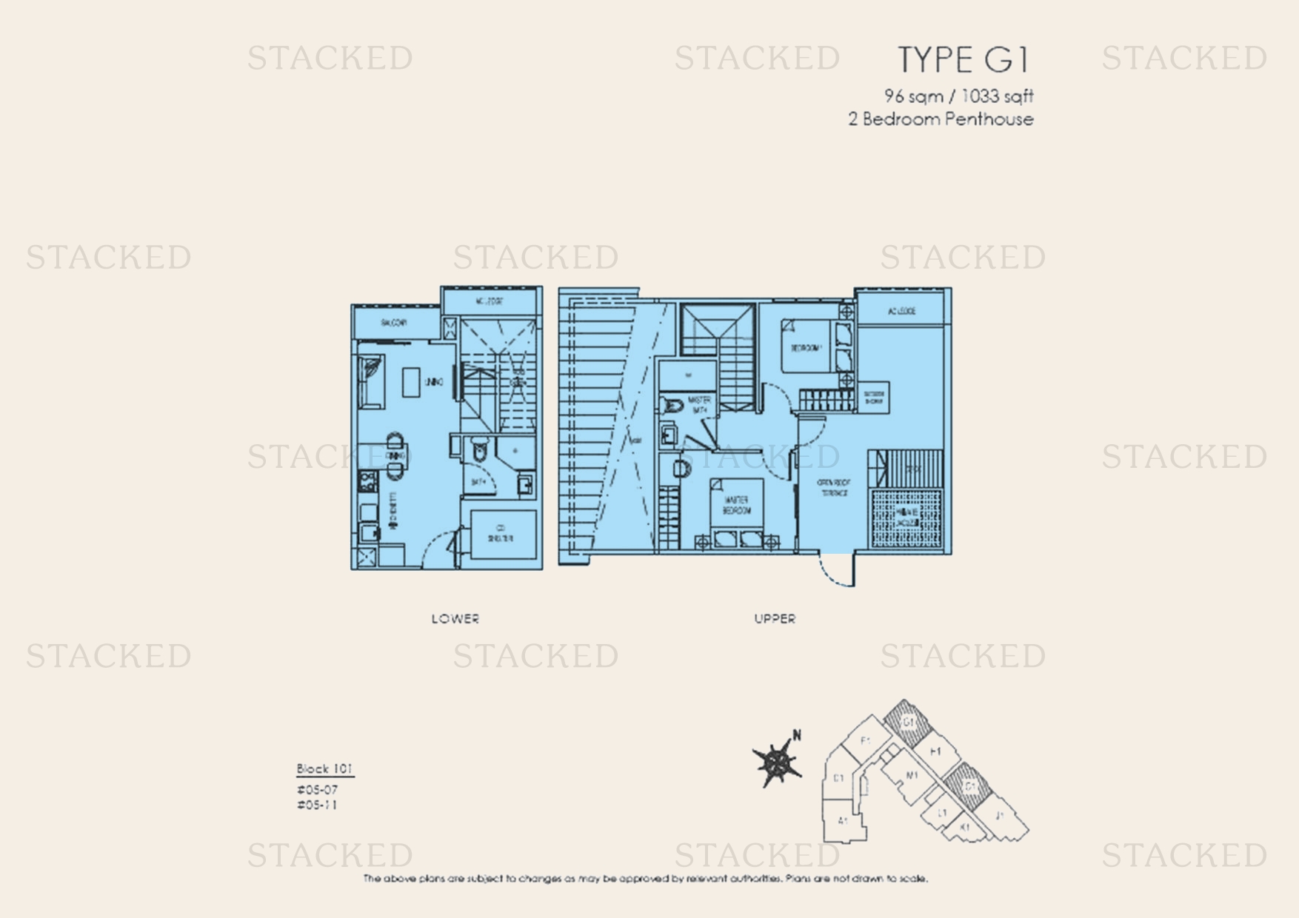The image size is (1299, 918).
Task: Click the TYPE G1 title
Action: [963, 60]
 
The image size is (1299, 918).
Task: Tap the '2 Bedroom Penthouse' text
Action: [941, 119]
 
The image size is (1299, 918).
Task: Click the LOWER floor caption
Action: [455, 619]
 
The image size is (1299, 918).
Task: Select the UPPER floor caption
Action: [775, 619]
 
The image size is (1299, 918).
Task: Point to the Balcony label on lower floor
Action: [394, 323]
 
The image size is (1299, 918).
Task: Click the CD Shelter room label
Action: [501, 534]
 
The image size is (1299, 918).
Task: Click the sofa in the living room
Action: [370, 381]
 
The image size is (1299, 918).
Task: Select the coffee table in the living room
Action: [411, 382]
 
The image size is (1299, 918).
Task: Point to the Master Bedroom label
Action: [736, 506]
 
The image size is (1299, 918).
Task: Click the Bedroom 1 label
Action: [806, 348]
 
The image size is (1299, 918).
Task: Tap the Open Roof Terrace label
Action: [834, 487]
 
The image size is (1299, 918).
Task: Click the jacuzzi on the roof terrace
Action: [906, 517]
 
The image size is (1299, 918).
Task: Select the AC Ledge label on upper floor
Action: [901, 311]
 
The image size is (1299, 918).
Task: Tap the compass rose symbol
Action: [776, 763]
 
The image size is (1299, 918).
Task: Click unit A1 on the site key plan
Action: [843, 820]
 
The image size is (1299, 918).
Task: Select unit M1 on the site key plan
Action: [911, 776]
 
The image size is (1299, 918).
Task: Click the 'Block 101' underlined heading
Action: [324, 768]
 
